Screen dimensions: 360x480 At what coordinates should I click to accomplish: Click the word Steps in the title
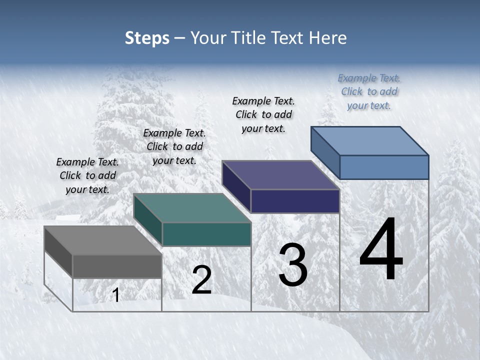pyautogui.click(x=147, y=38)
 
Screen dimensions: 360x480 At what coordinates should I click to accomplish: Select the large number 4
pyautogui.click(x=381, y=250)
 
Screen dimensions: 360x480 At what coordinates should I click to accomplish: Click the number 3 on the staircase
pyautogui.click(x=292, y=265)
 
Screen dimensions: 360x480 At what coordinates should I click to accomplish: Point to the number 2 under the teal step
pyautogui.click(x=201, y=280)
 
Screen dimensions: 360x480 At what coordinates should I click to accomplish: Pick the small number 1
pyautogui.click(x=116, y=295)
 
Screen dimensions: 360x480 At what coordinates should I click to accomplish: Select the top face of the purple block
pyautogui.click(x=280, y=175)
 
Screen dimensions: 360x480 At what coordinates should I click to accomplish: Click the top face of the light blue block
pyautogui.click(x=369, y=141)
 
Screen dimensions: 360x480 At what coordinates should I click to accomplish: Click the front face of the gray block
pyautogui.click(x=117, y=266)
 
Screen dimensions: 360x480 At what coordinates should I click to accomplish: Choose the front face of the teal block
pyautogui.click(x=206, y=234)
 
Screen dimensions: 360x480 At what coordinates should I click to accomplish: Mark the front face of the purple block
pyautogui.click(x=295, y=201)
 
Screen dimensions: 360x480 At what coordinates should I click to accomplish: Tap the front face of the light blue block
pyautogui.click(x=384, y=167)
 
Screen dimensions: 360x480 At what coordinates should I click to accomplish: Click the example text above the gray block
pyautogui.click(x=87, y=175)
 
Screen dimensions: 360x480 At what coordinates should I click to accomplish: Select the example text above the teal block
pyautogui.click(x=174, y=146)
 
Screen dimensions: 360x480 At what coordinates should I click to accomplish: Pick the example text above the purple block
pyautogui.click(x=263, y=114)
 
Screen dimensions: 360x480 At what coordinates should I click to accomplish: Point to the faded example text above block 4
pyautogui.click(x=369, y=91)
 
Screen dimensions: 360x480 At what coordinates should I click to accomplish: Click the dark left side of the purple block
pyautogui.click(x=236, y=186)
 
